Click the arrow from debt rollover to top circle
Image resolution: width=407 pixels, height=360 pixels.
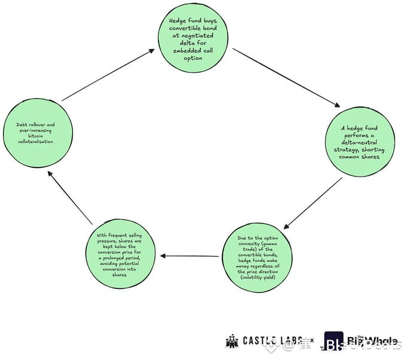pos(108,75)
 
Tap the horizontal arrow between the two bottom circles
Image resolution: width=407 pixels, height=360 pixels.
pos(190,257)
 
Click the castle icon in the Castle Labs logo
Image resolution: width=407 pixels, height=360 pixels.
pos(232,341)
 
